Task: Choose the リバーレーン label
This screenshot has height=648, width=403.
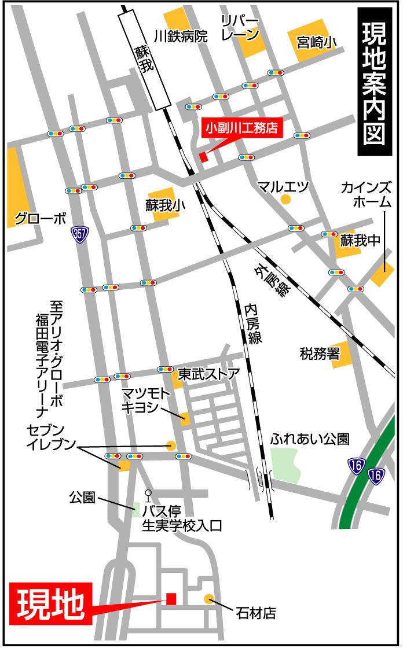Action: click(x=240, y=27)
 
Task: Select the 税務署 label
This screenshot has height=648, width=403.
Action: click(x=320, y=353)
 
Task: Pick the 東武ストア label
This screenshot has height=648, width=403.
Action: click(x=207, y=373)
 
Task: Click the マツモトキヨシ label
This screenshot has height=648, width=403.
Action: click(x=146, y=400)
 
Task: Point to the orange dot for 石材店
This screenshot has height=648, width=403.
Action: click(x=209, y=598)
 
